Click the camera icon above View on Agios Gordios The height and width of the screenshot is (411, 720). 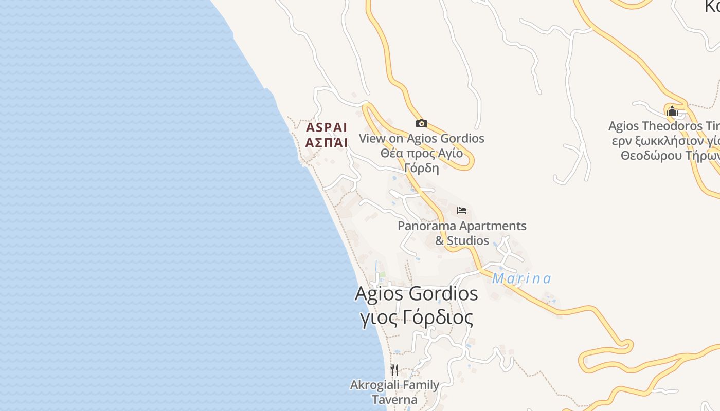coord(421,123)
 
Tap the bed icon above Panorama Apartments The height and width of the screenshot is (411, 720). coord(461,211)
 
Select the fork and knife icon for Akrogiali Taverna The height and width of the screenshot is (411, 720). coord(394,369)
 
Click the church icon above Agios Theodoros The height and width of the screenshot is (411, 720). coord(672,111)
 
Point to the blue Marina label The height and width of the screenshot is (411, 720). coord(521,279)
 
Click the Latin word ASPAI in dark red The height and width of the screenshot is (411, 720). coord(327,127)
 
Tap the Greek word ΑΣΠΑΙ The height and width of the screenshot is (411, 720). coord(327,143)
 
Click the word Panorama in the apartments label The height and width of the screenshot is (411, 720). coord(427,226)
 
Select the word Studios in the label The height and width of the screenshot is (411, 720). coord(468,240)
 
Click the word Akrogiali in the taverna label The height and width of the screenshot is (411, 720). coord(371,385)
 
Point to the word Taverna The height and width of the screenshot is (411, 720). coord(394,399)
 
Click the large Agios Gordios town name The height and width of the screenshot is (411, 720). coord(416,294)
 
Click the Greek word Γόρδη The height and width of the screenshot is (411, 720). coord(421,167)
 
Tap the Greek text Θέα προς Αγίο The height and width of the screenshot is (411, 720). coord(421,153)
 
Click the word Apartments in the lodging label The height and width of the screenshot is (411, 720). coord(493,226)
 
